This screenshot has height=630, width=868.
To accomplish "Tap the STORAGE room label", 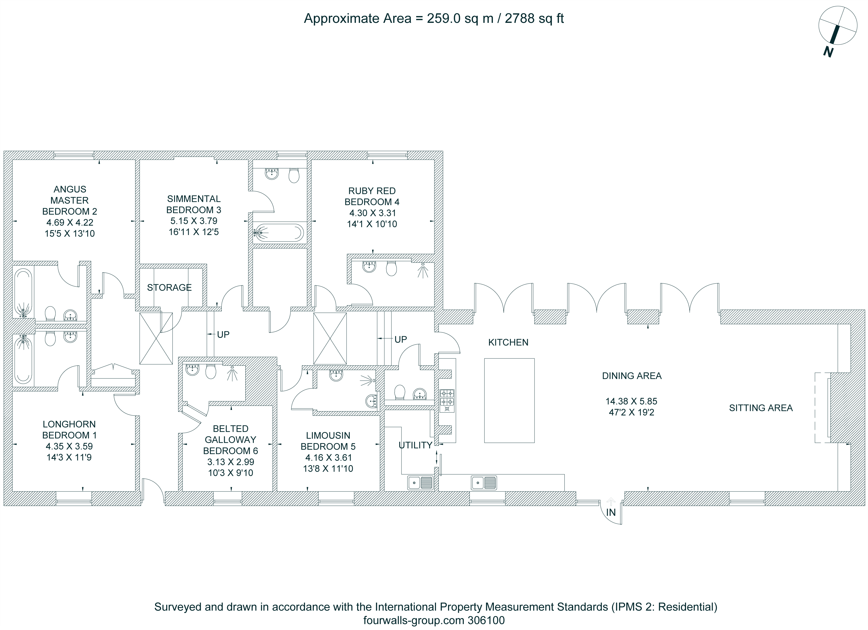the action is [x=169, y=288].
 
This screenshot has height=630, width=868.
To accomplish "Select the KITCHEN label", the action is [x=508, y=342].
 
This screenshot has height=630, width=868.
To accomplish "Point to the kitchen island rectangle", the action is [x=509, y=400].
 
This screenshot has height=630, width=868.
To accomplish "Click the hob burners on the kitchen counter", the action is [x=447, y=400].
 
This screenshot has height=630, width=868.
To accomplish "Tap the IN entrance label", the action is [x=611, y=512].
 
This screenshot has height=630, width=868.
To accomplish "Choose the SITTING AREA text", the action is [x=761, y=408].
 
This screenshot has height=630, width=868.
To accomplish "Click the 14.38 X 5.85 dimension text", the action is [x=631, y=401].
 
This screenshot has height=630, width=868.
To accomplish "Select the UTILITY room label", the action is [x=415, y=445].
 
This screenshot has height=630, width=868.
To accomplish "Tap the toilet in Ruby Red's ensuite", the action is [x=391, y=268].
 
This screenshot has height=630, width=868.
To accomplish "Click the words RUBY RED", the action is [x=372, y=191].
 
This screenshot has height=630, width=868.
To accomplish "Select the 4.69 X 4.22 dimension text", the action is [x=70, y=222].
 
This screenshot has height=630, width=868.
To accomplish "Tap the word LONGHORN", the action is [x=69, y=424].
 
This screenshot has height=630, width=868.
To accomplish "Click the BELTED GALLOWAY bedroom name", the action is [x=230, y=434].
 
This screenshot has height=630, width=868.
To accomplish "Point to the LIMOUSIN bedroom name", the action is [x=328, y=435].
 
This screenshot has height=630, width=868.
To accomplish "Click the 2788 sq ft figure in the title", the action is [x=534, y=18].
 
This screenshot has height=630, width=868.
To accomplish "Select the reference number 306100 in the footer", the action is [x=486, y=620].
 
